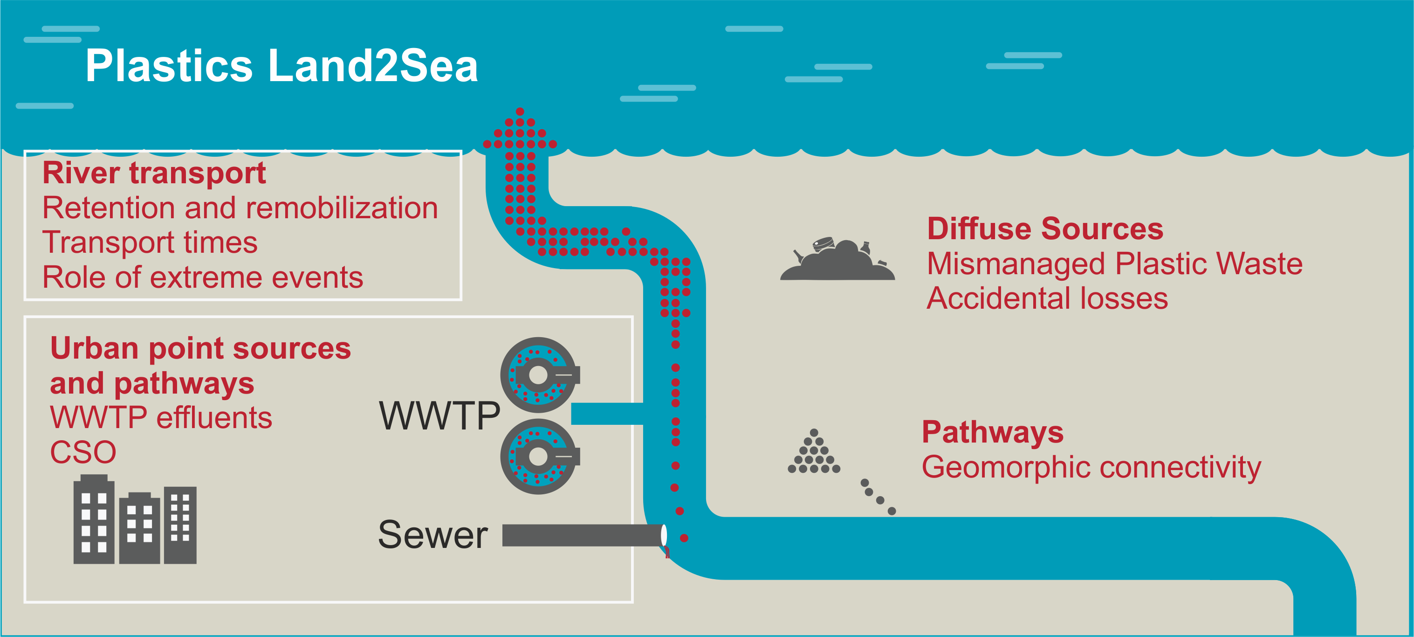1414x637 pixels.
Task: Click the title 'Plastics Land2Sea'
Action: pos(281,66)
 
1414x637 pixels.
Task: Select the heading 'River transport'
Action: pos(154,173)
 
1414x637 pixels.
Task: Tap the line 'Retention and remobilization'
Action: pos(240,208)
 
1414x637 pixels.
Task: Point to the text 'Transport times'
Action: pos(150,242)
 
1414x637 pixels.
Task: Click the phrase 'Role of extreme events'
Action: pos(203,277)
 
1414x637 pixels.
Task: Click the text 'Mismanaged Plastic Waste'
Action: pos(1114,263)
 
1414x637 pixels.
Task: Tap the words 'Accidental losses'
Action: pos(1047,299)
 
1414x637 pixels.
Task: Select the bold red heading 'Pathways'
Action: pos(992,432)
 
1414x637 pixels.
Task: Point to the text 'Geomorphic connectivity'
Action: pos(1091,467)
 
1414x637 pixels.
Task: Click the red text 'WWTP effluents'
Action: pos(161,418)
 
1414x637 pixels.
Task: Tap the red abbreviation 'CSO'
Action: pos(83,452)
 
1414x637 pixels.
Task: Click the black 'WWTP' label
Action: pos(439,415)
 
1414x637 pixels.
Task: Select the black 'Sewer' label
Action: pos(432,535)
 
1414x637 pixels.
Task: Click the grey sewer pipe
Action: pos(582,535)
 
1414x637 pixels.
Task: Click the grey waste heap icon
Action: pos(837,261)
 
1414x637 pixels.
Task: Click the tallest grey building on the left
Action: pos(94,522)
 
